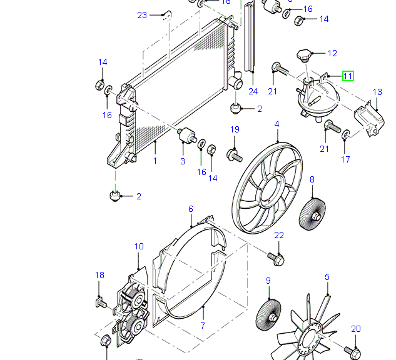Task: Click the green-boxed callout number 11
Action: tap(348, 76)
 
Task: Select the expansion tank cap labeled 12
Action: tap(305, 56)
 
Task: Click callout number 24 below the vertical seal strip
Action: tap(253, 91)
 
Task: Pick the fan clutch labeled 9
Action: tap(268, 314)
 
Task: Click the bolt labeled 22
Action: tap(276, 256)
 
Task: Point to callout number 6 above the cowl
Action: tap(191, 209)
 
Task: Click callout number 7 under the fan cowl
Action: tap(203, 326)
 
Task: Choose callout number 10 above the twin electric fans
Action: tap(139, 247)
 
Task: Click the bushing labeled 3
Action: tap(186, 134)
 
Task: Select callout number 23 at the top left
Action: tap(142, 15)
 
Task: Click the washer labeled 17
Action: tap(346, 134)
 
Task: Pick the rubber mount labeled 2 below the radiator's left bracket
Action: tap(115, 195)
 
